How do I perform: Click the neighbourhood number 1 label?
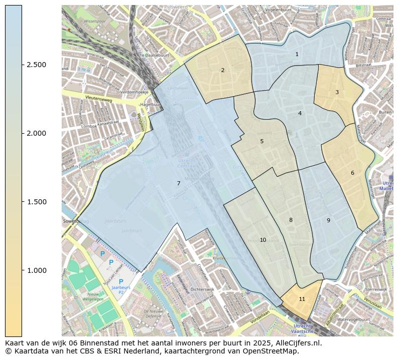pyautogui.click(x=297, y=54)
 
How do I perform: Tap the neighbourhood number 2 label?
pyautogui.click(x=223, y=70)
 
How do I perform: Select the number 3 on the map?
pyautogui.click(x=337, y=92)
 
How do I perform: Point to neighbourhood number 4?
pyautogui.click(x=300, y=113)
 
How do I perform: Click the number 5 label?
pyautogui.click(x=262, y=142)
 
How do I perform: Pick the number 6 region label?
pyautogui.click(x=352, y=173)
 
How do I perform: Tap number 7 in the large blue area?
pyautogui.click(x=178, y=184)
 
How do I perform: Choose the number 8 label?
pyautogui.click(x=291, y=220)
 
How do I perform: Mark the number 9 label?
pyautogui.click(x=328, y=220)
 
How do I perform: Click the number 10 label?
pyautogui.click(x=263, y=240)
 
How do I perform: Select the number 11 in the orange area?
pyautogui.click(x=302, y=299)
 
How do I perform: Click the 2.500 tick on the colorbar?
pyautogui.click(x=37, y=65)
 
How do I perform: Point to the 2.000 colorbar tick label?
pyautogui.click(x=37, y=133)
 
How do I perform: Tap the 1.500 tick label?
pyautogui.click(x=37, y=202)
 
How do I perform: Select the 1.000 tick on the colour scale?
pyautogui.click(x=37, y=270)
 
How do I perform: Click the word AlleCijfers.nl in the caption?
pyautogui.click(x=296, y=343)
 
